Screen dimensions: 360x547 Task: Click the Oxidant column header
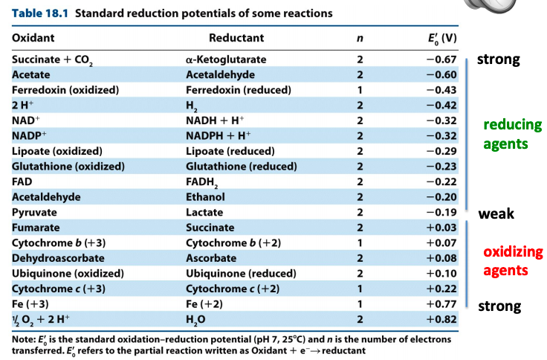pos(33,37)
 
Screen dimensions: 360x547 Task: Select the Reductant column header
pos(236,37)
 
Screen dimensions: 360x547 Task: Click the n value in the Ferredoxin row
pos(360,90)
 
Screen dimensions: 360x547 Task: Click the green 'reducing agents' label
pos(512,134)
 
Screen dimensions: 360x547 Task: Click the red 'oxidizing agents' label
pos(513,261)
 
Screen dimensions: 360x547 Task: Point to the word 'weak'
pos(496,214)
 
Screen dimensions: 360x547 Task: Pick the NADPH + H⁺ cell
pos(221,135)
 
